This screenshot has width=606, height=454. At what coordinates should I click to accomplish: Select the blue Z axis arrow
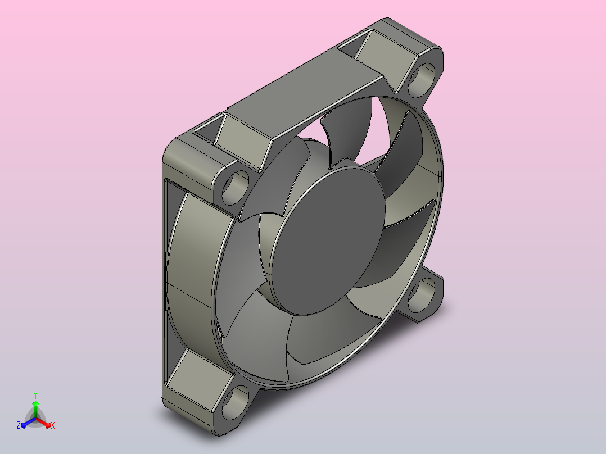[x=28, y=422]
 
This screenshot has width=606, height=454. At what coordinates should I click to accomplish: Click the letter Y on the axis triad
[x=35, y=395]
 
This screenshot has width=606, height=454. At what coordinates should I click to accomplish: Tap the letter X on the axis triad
[x=53, y=425]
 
